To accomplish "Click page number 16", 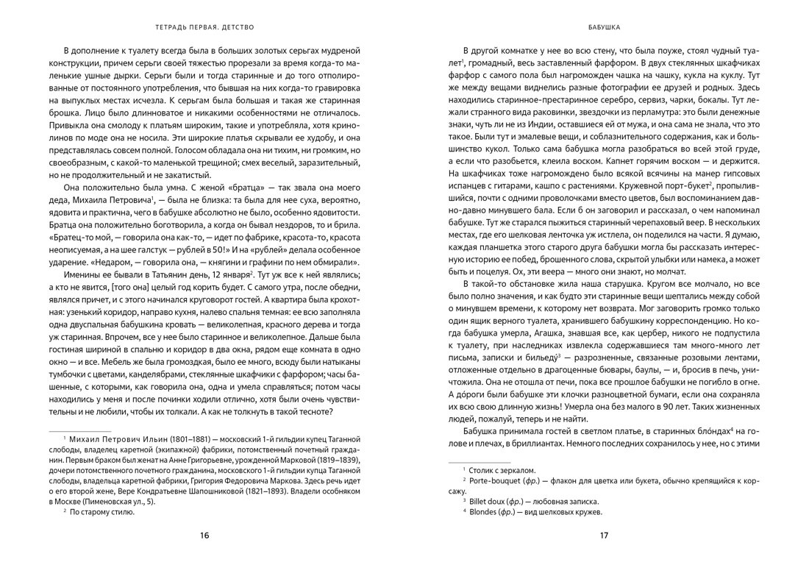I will [x=204, y=535].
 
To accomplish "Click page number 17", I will [x=604, y=535].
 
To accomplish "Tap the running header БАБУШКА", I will [x=604, y=29].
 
